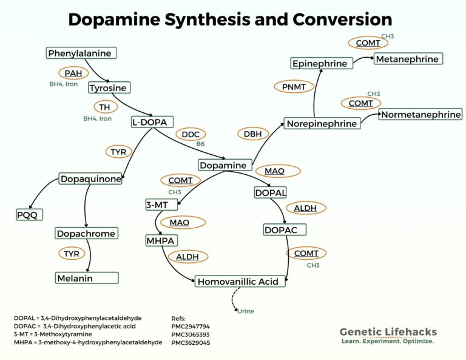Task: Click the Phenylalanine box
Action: [x=81, y=53]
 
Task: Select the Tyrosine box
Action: [x=108, y=88]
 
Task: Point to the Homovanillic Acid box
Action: [x=240, y=282]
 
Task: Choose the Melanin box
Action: [x=87, y=278]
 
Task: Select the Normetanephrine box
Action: [x=420, y=114]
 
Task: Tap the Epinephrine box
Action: [x=320, y=64]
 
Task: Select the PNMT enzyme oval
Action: [x=294, y=87]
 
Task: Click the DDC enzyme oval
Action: [x=191, y=134]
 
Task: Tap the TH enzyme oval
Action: [x=105, y=107]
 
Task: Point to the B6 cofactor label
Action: [x=200, y=144]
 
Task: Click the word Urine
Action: [x=245, y=311]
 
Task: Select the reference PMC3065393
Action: [x=191, y=334]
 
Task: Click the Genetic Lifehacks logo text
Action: [x=388, y=332]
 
